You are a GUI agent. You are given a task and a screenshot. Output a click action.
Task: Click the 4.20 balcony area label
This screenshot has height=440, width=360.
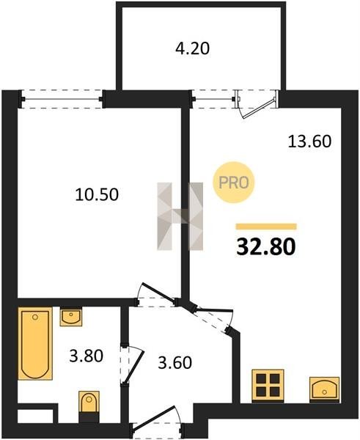point(192,48)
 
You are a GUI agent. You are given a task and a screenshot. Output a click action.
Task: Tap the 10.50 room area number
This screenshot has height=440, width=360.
point(97,194)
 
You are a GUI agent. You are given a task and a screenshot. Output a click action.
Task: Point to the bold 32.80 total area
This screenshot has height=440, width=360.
point(266,247)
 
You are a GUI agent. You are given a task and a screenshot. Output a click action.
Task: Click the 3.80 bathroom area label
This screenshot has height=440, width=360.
point(86,356)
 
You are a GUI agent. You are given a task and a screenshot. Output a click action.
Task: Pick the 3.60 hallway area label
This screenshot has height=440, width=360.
point(175,362)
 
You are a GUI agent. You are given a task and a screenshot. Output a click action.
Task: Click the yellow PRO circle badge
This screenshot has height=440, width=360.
point(233,183)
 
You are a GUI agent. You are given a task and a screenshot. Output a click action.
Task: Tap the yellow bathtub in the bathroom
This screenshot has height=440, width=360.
point(35,343)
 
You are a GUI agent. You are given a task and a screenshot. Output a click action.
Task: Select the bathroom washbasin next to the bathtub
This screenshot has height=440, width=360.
point(71,318)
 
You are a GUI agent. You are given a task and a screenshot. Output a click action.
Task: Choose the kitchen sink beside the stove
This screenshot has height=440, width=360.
point(324,389)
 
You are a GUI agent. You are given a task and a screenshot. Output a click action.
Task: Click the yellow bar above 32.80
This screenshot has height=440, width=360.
point(266,227)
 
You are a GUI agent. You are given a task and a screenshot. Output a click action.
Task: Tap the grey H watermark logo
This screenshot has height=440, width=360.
point(180,216)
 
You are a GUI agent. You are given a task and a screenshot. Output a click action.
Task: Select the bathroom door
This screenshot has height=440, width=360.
point(133,364)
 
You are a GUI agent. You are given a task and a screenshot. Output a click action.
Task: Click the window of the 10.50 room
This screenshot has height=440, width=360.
point(62,99)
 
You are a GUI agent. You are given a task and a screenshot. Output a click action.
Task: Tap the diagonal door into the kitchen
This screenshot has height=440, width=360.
point(212,319)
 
